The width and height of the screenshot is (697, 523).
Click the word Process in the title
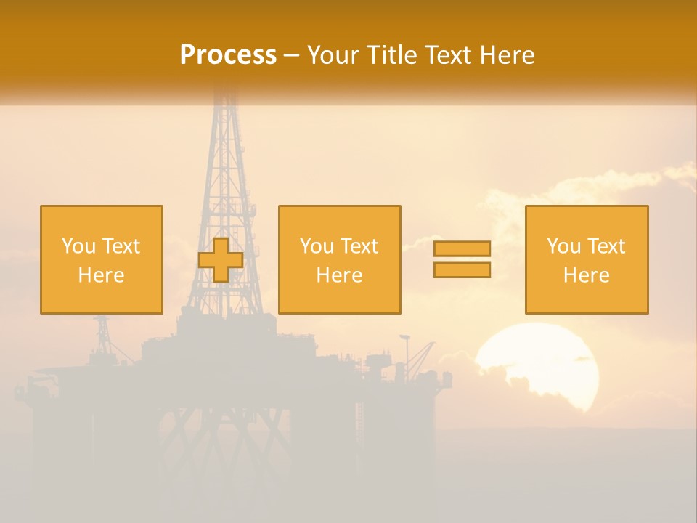click(228, 55)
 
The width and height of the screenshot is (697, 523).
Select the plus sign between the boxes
click(221, 260)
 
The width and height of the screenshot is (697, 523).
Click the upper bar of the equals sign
click(462, 248)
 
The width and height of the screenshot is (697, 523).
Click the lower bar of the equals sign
click(462, 270)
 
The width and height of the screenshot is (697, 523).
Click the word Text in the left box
click(121, 246)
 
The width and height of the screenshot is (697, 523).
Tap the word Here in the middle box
click(340, 275)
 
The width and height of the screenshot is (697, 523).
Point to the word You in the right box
click(563, 246)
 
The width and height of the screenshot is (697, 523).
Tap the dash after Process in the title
click(291, 55)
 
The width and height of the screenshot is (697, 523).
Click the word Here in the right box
click(587, 275)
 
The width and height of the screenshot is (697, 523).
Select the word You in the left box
click(78, 246)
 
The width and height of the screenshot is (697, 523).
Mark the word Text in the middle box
click(359, 246)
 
